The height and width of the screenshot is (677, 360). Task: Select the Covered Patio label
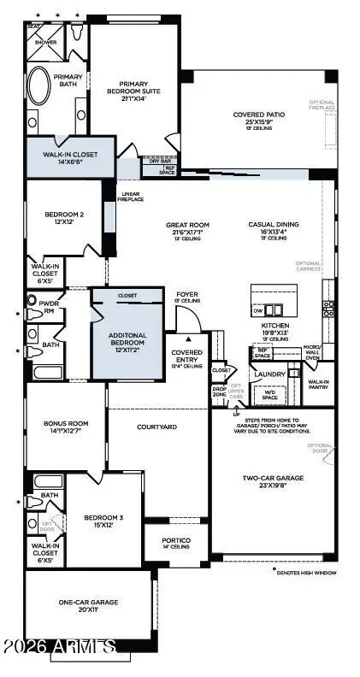point(258,119)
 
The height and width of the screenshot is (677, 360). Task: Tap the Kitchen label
point(275,329)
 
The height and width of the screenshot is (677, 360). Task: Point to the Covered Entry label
point(186,358)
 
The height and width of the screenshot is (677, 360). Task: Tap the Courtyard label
point(156,425)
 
